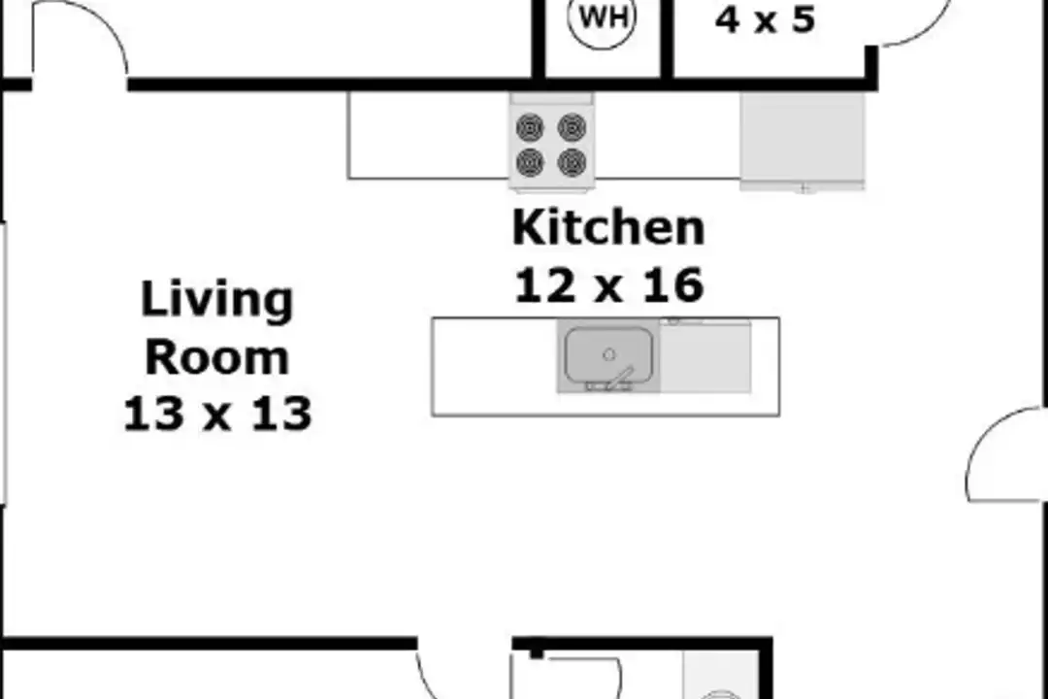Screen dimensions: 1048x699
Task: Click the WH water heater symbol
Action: point(603,18)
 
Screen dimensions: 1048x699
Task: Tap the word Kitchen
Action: point(608,228)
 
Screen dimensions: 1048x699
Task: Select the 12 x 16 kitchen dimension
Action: point(608,285)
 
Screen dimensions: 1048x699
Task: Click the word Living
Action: point(216,301)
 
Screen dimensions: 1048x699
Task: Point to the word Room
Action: point(216,357)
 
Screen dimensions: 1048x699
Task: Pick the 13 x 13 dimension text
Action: point(217,414)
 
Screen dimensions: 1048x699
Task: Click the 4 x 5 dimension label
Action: point(765,18)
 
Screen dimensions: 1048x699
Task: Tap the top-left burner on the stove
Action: point(530,126)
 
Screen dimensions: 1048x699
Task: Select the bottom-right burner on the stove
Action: point(573,162)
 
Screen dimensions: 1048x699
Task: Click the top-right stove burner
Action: point(573,126)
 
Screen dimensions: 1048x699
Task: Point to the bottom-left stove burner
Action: point(530,162)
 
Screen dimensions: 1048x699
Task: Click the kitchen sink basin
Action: point(608,355)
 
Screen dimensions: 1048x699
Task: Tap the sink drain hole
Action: point(608,354)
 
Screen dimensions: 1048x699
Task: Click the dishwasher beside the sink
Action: point(705,356)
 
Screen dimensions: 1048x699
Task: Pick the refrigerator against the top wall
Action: point(802,141)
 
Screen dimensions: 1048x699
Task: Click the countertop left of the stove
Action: point(429,135)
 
